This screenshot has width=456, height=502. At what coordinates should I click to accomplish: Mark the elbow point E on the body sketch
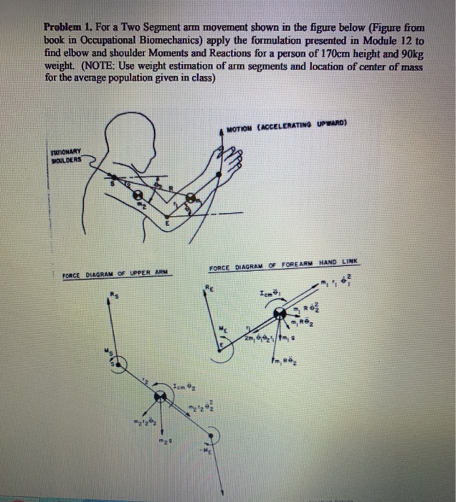(166, 220)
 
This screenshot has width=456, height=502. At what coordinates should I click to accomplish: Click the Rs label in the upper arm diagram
(113, 293)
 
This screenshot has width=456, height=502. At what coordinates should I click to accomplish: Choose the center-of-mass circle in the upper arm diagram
(158, 399)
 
